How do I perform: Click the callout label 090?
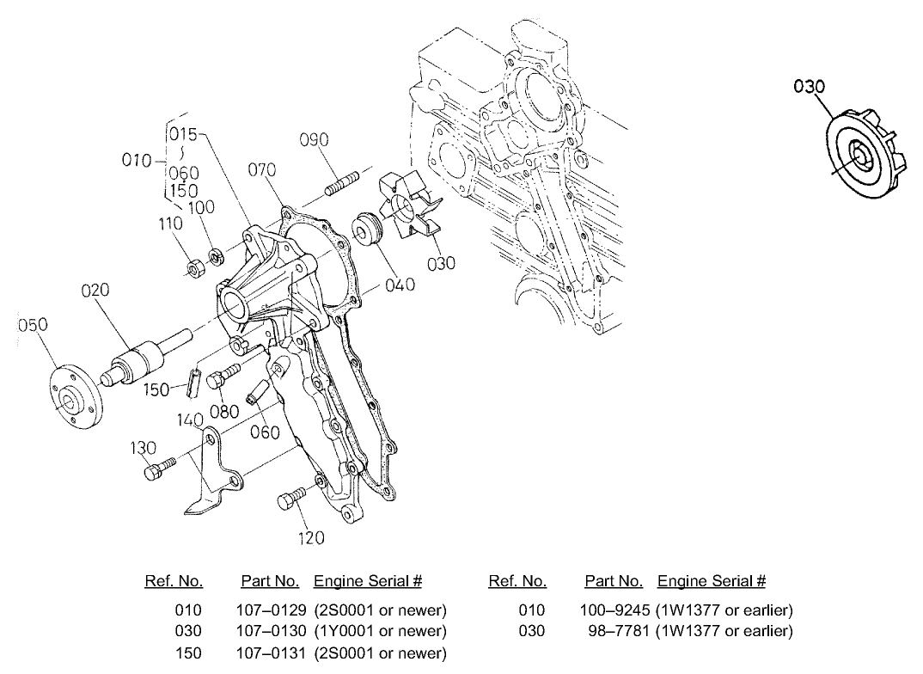pos(314,141)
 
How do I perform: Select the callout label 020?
pos(95,291)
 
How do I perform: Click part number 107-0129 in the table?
pos(269,610)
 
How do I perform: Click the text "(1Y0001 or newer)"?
pos(380,632)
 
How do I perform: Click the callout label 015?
pos(182,134)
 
